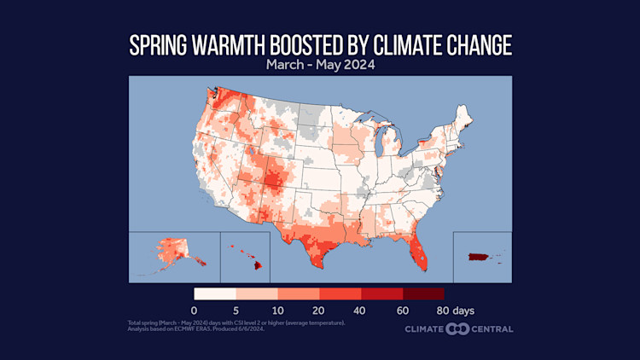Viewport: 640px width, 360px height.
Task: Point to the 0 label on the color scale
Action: click(x=195, y=310)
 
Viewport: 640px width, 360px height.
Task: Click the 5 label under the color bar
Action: click(x=236, y=310)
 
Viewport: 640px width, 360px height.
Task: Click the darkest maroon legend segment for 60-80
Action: click(x=423, y=293)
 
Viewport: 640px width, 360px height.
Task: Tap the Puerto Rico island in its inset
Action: click(x=478, y=256)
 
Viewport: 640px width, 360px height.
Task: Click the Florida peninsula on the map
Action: click(x=417, y=251)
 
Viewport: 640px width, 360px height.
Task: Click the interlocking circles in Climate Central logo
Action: click(x=458, y=328)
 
